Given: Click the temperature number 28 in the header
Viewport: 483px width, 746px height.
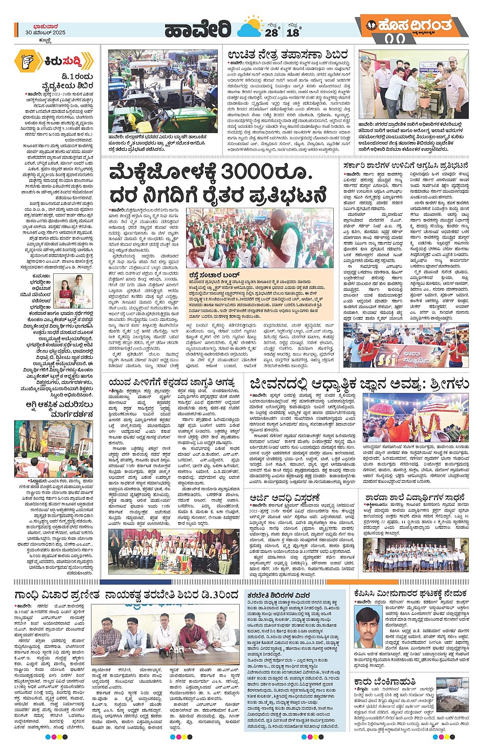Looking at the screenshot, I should point(271,32).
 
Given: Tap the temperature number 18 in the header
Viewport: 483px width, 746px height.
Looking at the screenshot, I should point(293,32).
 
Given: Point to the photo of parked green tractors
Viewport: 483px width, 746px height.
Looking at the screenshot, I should point(165,91).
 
